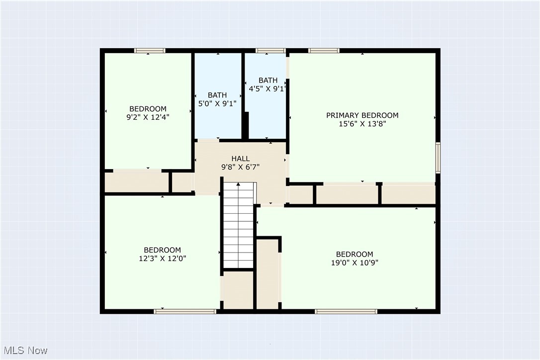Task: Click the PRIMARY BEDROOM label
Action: [362, 115]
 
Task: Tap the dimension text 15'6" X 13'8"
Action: [362, 124]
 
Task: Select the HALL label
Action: [241, 159]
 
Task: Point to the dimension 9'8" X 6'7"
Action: [241, 167]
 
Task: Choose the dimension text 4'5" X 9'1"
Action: [268, 89]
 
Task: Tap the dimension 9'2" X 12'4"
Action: [148, 117]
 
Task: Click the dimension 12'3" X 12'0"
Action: [162, 258]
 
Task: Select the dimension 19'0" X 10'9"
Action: [354, 263]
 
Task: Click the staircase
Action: [238, 226]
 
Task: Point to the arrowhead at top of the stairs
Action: [238, 185]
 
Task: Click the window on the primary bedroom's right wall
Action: [438, 158]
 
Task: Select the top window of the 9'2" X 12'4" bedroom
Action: [150, 50]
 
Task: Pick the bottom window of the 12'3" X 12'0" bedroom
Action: [185, 311]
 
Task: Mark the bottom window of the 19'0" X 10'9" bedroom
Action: [346, 311]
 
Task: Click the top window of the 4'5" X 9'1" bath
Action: [270, 50]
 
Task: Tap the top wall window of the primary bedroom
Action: [324, 50]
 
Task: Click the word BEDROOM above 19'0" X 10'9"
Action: [354, 254]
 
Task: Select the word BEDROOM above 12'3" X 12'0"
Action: [162, 250]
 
